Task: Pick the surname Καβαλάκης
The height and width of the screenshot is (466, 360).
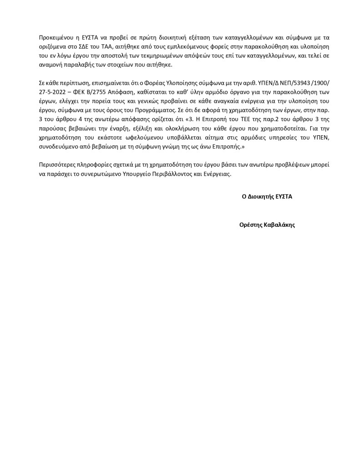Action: tap(279, 225)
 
